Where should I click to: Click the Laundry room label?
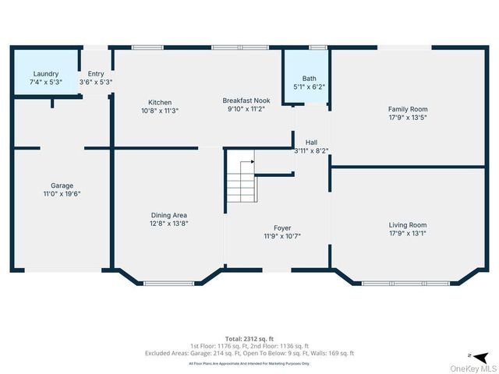(x=44, y=74)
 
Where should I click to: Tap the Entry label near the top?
(x=96, y=74)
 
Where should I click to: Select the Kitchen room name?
(x=160, y=102)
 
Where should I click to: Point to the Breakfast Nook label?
(x=246, y=101)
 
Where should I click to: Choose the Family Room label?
(x=408, y=109)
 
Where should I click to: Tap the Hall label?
(x=311, y=143)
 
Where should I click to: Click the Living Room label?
(x=408, y=224)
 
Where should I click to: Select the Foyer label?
(x=281, y=228)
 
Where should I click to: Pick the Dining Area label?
(x=169, y=215)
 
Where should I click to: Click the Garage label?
(x=62, y=185)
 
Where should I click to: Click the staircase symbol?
(x=241, y=179)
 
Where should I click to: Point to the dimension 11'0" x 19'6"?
(x=62, y=194)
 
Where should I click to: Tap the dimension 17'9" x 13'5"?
(x=408, y=118)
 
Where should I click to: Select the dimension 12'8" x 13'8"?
(x=169, y=224)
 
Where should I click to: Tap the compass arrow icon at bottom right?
(x=470, y=355)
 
